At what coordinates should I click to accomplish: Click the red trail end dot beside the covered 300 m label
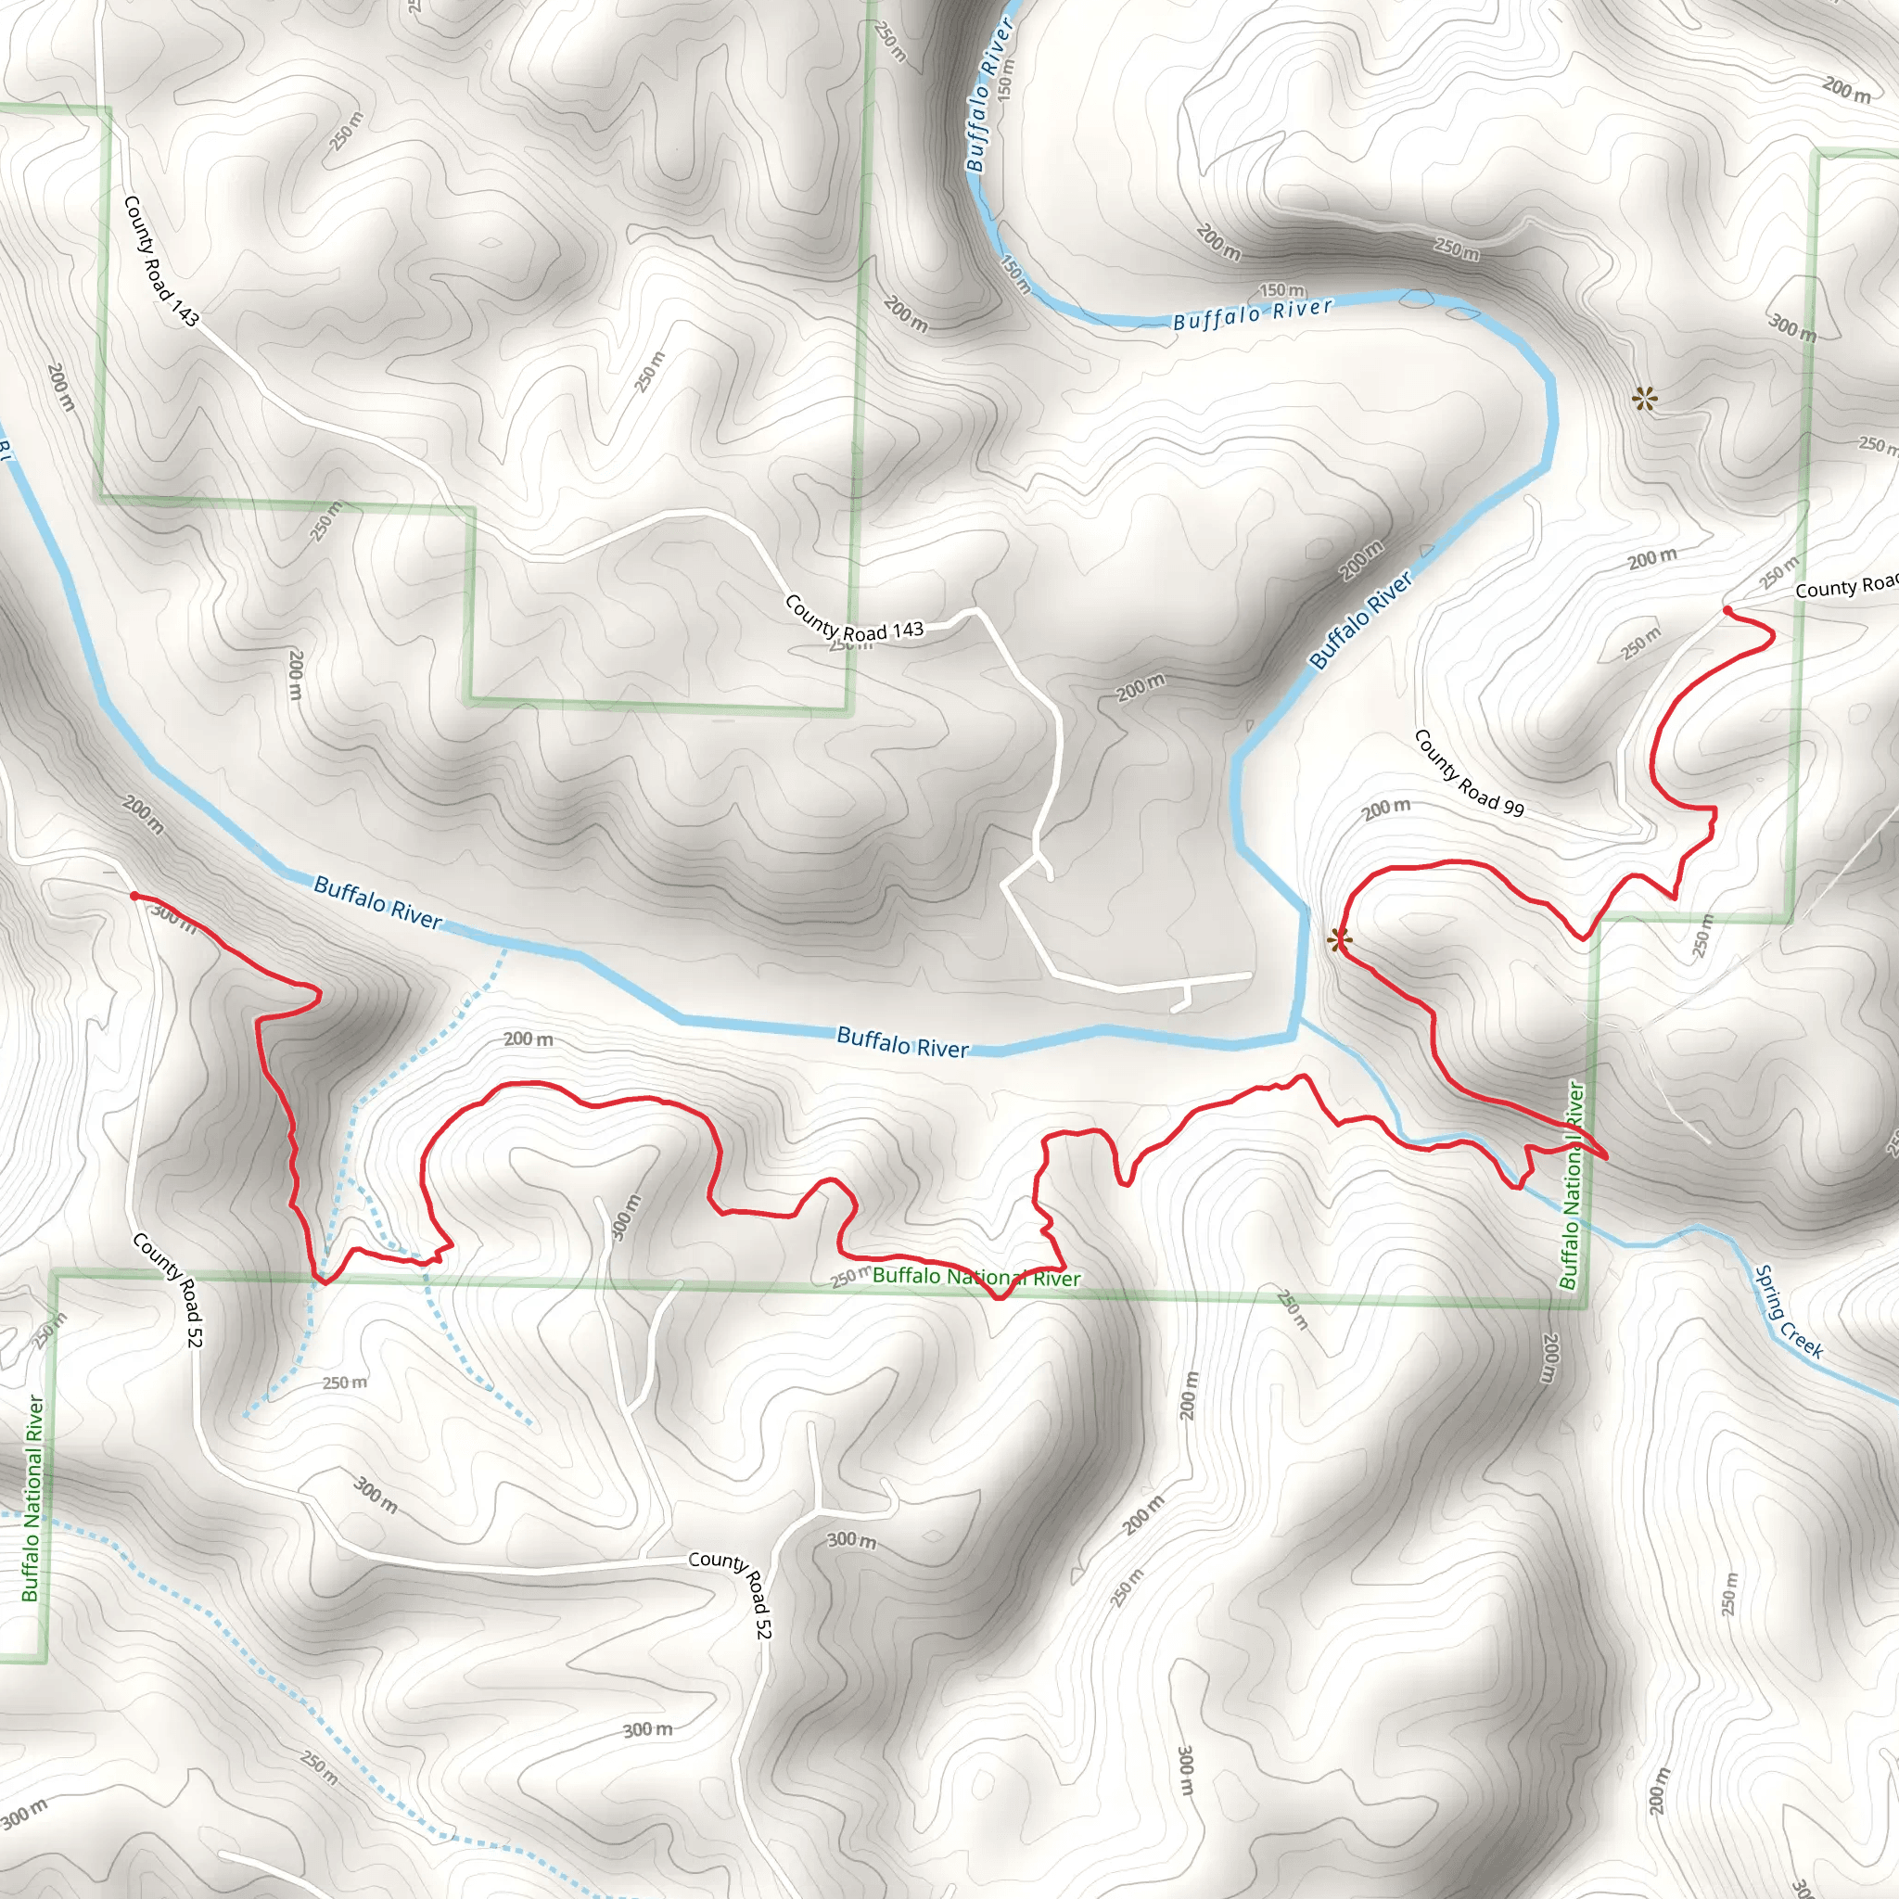tap(134, 896)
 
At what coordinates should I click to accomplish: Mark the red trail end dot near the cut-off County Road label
tap(1727, 611)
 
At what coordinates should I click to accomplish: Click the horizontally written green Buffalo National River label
tap(976, 1277)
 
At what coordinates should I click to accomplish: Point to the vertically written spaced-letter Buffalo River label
tap(988, 96)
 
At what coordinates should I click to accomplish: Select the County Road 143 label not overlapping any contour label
tap(161, 261)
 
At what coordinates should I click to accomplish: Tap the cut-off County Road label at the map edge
tap(1845, 587)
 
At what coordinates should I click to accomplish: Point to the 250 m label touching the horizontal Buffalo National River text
tap(850, 1278)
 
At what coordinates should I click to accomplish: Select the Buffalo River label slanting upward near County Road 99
tap(1361, 621)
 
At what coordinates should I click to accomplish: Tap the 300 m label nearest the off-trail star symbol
tap(1791, 327)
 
